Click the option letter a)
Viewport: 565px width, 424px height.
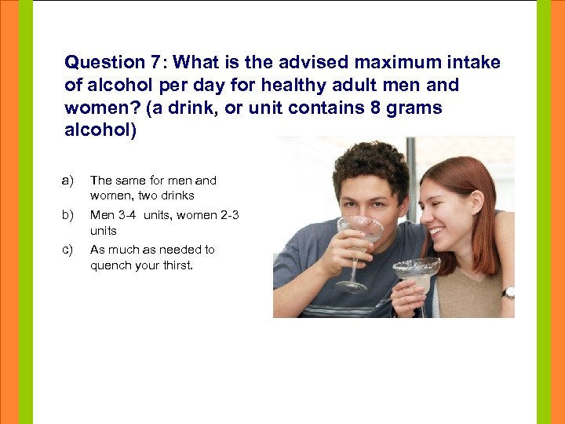coord(67,181)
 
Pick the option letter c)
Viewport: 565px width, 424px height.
coord(67,250)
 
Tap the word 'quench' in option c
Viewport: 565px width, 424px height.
coord(108,265)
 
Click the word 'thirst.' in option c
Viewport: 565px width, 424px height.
coord(176,265)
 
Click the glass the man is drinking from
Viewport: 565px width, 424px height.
coord(359,232)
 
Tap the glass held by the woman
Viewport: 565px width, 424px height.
coord(416,271)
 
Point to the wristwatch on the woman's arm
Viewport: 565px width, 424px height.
coord(508,292)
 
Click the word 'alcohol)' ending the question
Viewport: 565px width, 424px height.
coord(100,130)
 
